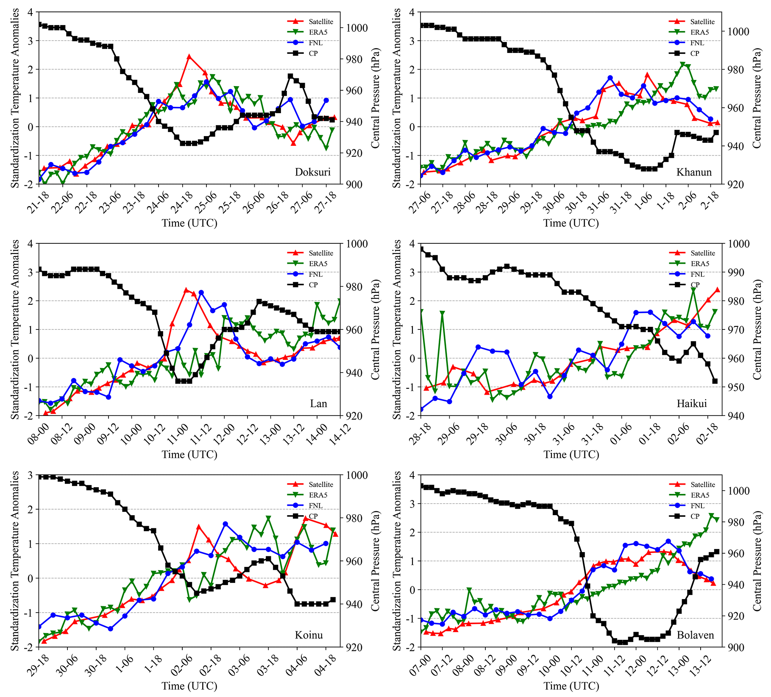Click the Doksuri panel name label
312,172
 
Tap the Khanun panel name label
694,172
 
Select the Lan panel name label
318,404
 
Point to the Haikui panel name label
692,404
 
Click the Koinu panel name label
309,635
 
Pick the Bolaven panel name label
695,635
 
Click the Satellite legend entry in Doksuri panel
320,22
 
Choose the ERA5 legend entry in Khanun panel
699,32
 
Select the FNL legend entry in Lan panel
315,274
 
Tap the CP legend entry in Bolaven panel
695,516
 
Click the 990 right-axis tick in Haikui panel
735,272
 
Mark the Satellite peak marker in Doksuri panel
189,56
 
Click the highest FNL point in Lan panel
201,293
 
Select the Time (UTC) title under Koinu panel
189,686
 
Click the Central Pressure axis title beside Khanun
757,98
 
